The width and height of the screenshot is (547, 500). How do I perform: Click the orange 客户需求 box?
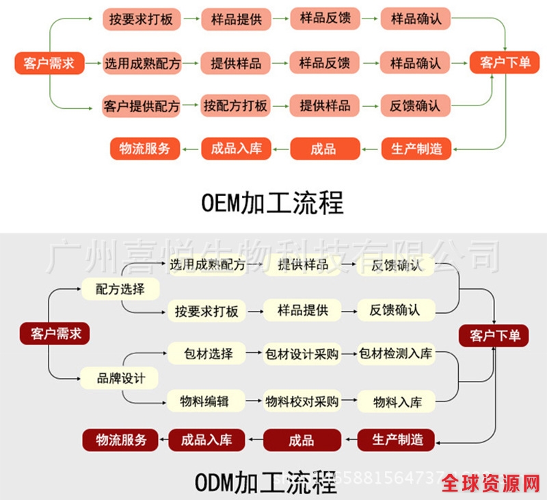click(x=49, y=64)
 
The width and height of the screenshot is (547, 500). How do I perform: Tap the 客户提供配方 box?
click(x=142, y=106)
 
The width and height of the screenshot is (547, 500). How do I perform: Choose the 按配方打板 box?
click(x=235, y=106)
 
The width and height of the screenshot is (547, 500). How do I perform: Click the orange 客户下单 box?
click(x=505, y=63)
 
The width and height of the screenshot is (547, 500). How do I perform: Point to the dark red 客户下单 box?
click(x=494, y=336)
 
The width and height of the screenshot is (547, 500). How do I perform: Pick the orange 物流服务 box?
click(x=145, y=149)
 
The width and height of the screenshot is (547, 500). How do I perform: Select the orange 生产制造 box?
click(x=416, y=149)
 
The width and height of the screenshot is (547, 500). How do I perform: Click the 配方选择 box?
click(x=120, y=289)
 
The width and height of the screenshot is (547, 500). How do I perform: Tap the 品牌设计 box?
click(x=120, y=377)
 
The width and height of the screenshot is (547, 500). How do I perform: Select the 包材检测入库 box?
click(x=397, y=354)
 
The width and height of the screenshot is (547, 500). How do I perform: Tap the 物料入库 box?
click(x=397, y=401)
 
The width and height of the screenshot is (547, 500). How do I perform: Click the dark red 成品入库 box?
click(x=206, y=440)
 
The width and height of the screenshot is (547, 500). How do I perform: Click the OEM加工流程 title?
click(x=273, y=203)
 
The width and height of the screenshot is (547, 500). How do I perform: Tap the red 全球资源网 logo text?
click(x=490, y=484)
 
